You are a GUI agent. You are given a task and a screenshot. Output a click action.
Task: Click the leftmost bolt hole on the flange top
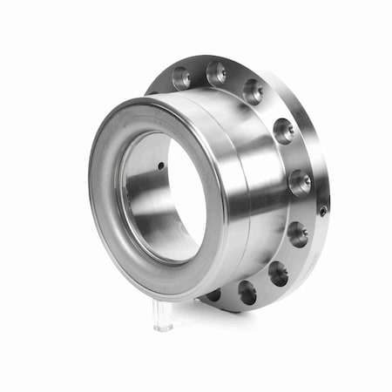tap(181, 78)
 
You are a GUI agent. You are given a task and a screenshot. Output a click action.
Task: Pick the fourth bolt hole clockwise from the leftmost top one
tap(283, 131)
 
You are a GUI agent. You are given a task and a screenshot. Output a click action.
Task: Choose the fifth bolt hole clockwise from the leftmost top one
tap(300, 182)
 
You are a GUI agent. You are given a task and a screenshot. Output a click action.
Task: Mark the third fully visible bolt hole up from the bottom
tap(298, 233)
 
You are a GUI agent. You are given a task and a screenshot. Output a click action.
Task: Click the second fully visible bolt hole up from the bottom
tap(278, 273)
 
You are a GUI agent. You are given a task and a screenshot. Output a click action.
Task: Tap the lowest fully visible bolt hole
tap(247, 293)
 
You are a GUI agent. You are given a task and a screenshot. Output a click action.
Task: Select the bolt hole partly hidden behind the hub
tap(213, 294)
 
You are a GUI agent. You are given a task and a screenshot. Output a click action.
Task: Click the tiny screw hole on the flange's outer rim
tap(323, 211)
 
